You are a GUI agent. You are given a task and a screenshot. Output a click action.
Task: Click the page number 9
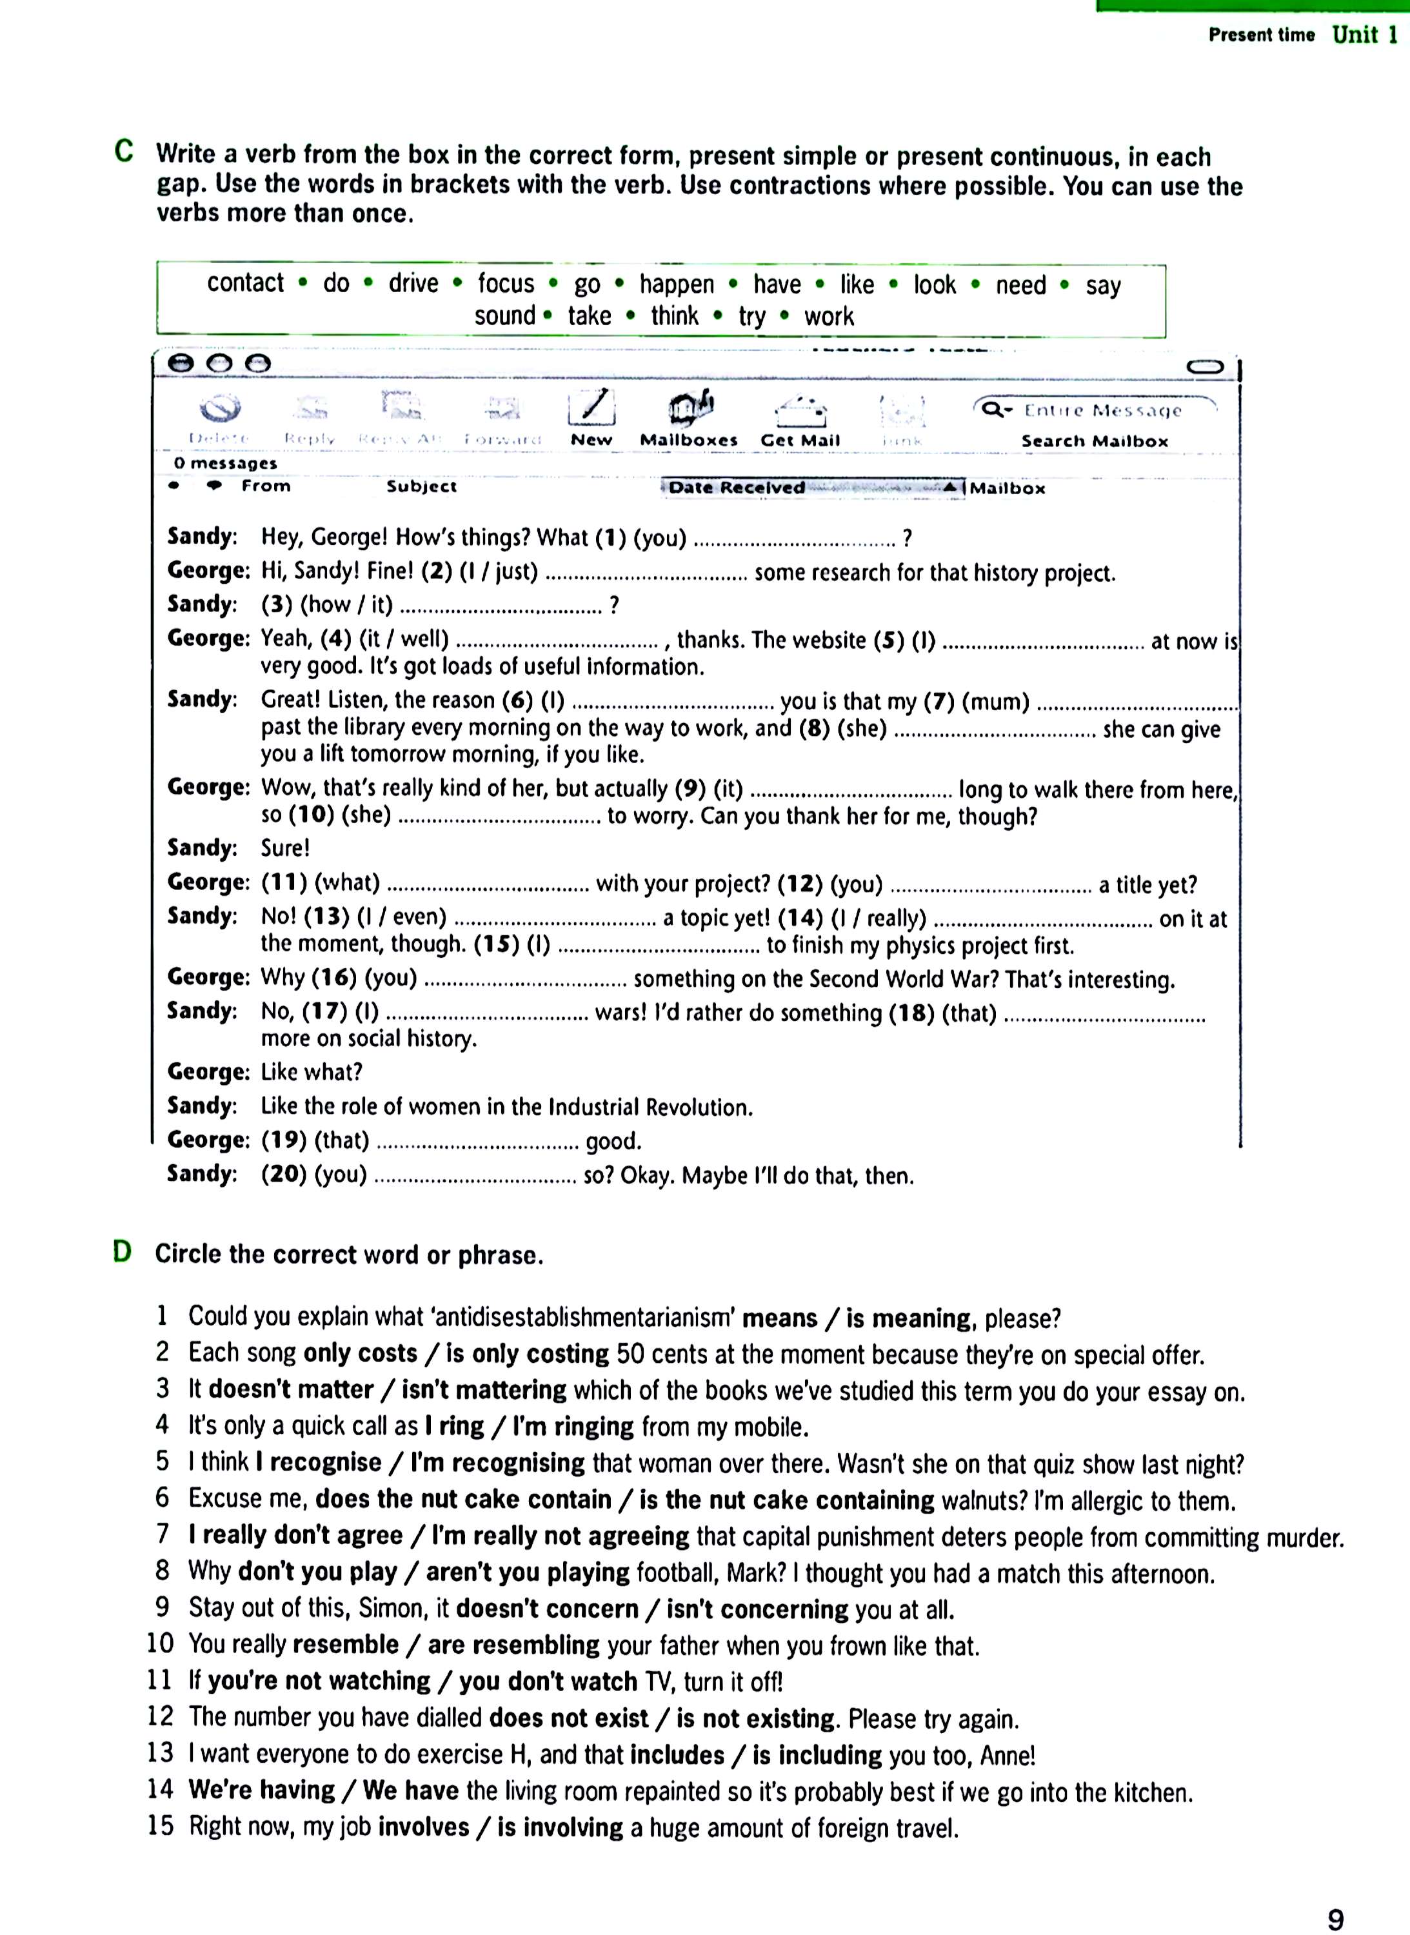[1336, 1919]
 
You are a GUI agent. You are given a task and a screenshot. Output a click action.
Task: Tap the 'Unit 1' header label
[1365, 35]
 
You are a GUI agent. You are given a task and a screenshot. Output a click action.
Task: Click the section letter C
[124, 152]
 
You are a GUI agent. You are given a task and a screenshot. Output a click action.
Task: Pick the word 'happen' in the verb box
[677, 284]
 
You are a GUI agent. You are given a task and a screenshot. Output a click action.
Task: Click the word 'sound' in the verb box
[504, 316]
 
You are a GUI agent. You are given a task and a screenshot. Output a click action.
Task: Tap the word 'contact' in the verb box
[245, 283]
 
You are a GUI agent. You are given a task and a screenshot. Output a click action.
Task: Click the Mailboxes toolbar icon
[690, 409]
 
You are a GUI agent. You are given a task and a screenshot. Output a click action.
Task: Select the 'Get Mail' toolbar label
[800, 441]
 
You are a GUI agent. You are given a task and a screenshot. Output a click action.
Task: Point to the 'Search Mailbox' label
[1094, 441]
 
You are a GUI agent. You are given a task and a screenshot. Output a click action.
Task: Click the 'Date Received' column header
[737, 488]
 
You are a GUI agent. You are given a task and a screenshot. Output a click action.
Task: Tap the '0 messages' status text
[225, 464]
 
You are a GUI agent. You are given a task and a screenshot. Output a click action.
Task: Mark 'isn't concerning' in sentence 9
[757, 1609]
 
